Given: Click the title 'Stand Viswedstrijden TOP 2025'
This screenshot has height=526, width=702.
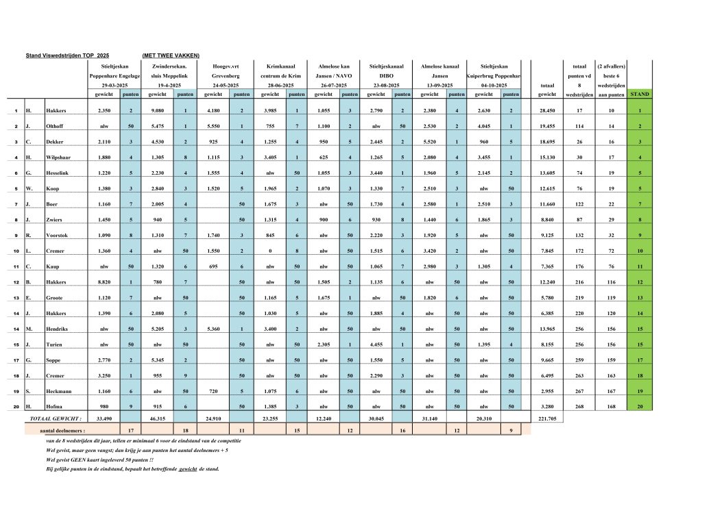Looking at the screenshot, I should click(x=66, y=55).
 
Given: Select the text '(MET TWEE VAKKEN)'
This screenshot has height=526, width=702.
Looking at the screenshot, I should click(x=171, y=55).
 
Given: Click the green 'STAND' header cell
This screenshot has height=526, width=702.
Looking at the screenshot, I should click(x=640, y=94).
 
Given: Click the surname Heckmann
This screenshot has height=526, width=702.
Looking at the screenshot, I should click(x=62, y=390).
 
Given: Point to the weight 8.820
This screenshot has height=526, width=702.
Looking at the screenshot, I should click(x=105, y=281).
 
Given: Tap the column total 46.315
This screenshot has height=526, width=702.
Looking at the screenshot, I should click(x=158, y=417).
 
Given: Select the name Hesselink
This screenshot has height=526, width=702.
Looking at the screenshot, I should click(x=62, y=173).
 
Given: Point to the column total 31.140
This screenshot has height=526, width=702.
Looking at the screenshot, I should click(x=426, y=417).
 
